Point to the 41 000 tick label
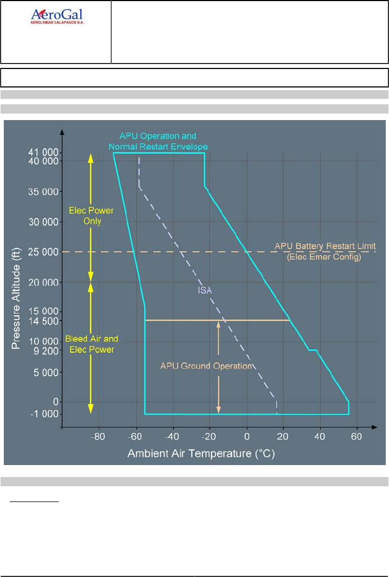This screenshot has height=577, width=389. tap(44, 153)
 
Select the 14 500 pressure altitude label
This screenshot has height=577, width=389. tap(44, 321)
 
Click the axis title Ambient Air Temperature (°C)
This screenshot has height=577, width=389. tap(205, 453)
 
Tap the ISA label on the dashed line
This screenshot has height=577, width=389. tap(205, 290)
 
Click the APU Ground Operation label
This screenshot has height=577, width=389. tap(206, 366)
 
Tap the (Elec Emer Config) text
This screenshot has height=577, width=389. tap(324, 258)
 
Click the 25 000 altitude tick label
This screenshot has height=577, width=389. tap(44, 252)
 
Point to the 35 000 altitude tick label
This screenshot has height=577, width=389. tap(44, 192)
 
